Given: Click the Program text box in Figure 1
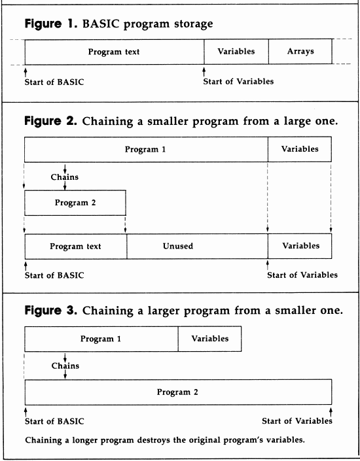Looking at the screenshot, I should pyautogui.click(x=114, y=52).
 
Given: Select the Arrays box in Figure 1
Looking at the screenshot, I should pyautogui.click(x=300, y=52).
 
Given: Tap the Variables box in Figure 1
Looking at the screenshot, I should pyautogui.click(x=236, y=52).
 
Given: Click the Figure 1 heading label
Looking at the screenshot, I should pyautogui.click(x=52, y=24).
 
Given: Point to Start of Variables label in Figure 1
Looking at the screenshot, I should pyautogui.click(x=238, y=82).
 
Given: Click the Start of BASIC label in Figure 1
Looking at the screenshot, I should pyautogui.click(x=54, y=82).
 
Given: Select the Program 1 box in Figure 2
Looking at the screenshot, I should pyautogui.click(x=146, y=150).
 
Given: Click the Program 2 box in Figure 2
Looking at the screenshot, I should pyautogui.click(x=75, y=203).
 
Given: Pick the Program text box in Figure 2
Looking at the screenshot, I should pyautogui.click(x=76, y=247).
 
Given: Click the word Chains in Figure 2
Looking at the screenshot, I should pyautogui.click(x=65, y=177).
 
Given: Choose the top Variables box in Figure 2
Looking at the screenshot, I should pyautogui.click(x=300, y=150).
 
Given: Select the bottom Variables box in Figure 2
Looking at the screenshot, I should pyautogui.click(x=300, y=247).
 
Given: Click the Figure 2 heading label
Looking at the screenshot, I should pyautogui.click(x=52, y=122).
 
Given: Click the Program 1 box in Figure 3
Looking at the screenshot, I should pyautogui.click(x=101, y=339).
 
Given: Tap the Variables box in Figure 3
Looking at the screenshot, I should pyautogui.click(x=209, y=339).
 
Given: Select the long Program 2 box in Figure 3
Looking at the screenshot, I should pyautogui.click(x=178, y=392).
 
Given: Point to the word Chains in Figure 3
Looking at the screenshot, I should pyautogui.click(x=65, y=366).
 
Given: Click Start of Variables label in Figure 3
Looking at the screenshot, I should pyautogui.click(x=297, y=421).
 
